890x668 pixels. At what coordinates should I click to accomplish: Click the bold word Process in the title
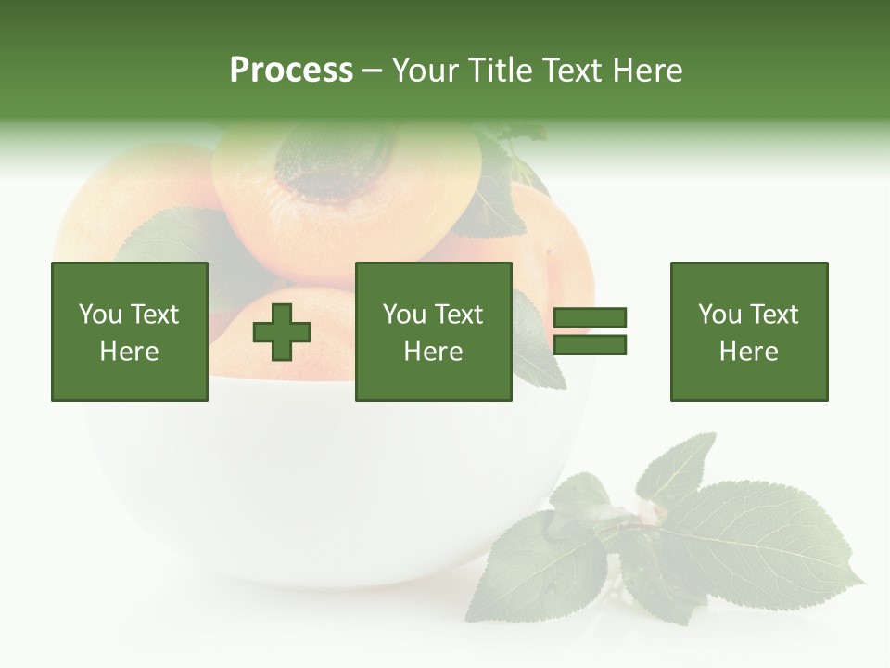[x=291, y=71]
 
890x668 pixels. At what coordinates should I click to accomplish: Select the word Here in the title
[x=647, y=71]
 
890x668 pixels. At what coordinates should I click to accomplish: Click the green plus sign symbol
[x=282, y=332]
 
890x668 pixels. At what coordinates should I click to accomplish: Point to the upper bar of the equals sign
[x=590, y=318]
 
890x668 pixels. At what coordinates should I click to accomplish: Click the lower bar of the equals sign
[x=590, y=345]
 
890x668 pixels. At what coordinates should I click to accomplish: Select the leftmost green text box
[x=130, y=331]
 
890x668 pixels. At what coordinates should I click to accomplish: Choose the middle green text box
[x=433, y=331]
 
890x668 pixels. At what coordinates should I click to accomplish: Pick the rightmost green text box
[x=748, y=331]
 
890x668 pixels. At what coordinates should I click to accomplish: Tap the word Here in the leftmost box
[x=129, y=352]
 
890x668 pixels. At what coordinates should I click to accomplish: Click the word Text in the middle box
[x=458, y=315]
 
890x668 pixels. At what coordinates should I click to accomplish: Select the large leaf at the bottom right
[x=760, y=538]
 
